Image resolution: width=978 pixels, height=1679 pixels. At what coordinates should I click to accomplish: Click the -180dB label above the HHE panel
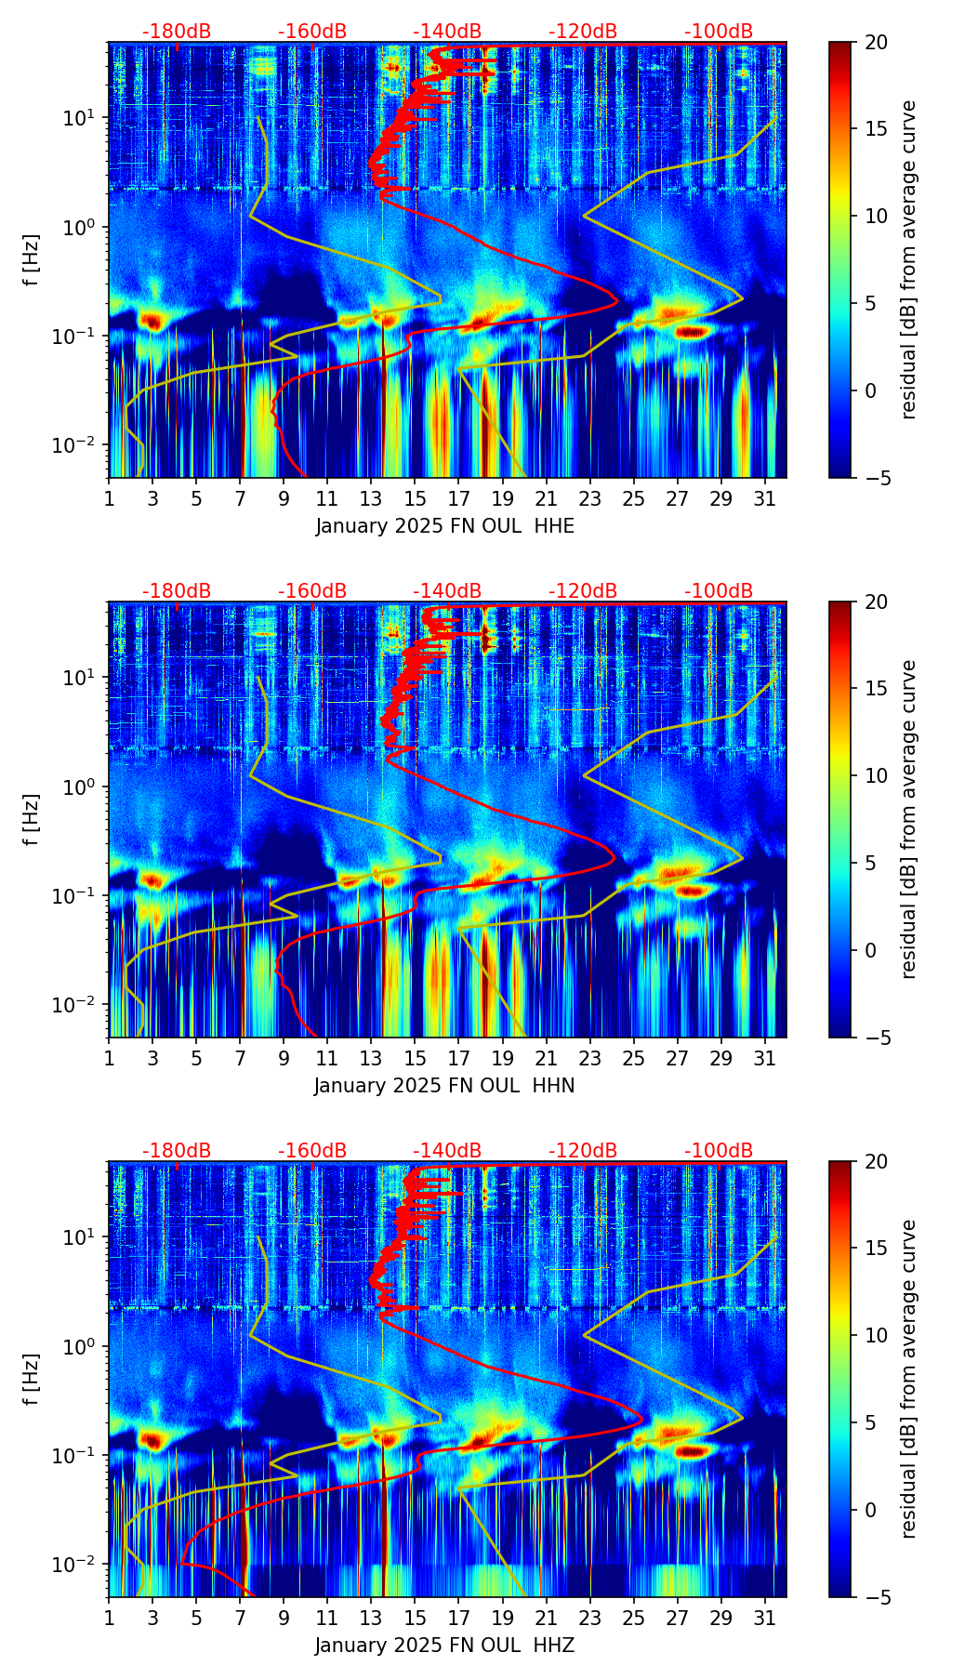pyautogui.click(x=177, y=32)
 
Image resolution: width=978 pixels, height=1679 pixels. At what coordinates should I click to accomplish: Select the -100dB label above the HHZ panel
pyautogui.click(x=719, y=1151)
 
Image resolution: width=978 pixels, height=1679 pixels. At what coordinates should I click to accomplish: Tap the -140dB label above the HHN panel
pyautogui.click(x=447, y=591)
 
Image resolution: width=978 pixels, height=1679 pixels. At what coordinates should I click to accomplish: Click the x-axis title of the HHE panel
pyautogui.click(x=444, y=526)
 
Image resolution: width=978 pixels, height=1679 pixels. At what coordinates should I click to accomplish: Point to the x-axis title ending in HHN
pyautogui.click(x=444, y=1086)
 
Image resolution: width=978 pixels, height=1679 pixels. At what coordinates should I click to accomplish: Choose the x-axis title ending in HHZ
pyautogui.click(x=444, y=1646)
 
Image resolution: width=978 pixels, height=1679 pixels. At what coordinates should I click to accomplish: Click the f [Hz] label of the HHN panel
pyautogui.click(x=32, y=819)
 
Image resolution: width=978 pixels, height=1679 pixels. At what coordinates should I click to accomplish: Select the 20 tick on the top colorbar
pyautogui.click(x=875, y=43)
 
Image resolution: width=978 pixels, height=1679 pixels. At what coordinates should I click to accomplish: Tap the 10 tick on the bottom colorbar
pyautogui.click(x=875, y=1336)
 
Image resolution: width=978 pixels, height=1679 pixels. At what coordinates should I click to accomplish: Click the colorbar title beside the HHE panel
pyautogui.click(x=908, y=259)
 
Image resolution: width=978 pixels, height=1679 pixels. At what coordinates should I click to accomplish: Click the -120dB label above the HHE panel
pyautogui.click(x=583, y=32)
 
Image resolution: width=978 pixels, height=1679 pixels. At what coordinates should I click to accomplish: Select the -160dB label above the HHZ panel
pyautogui.click(x=312, y=1151)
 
